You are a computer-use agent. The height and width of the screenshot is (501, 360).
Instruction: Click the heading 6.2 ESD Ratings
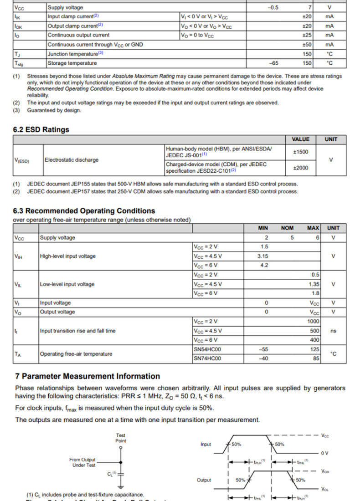(x=41, y=130)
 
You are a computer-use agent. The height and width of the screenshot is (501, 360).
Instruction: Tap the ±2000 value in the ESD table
(x=300, y=168)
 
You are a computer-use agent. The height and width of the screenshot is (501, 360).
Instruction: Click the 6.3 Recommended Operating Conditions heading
(x=84, y=211)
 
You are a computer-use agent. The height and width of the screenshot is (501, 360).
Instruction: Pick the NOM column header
(x=287, y=228)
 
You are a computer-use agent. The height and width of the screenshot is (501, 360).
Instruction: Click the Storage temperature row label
(x=72, y=63)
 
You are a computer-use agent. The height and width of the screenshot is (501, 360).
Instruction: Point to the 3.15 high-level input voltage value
(x=262, y=256)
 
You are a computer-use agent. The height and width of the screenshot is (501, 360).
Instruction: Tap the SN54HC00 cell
(x=207, y=349)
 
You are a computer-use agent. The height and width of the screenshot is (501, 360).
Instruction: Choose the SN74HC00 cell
(x=207, y=358)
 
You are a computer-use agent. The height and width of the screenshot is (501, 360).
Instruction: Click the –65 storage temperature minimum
(x=273, y=63)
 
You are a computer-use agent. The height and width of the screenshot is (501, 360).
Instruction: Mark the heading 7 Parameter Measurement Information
(x=87, y=376)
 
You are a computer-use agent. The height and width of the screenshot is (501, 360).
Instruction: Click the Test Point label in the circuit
(x=121, y=438)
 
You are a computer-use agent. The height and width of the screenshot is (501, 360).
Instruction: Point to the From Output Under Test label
(x=82, y=462)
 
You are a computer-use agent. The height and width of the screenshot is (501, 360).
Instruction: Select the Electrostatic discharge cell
(x=71, y=160)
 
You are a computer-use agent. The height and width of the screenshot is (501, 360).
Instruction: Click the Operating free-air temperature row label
(x=76, y=354)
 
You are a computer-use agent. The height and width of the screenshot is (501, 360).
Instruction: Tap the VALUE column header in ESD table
(x=300, y=139)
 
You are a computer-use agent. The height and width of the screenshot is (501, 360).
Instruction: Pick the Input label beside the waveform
(x=206, y=445)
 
